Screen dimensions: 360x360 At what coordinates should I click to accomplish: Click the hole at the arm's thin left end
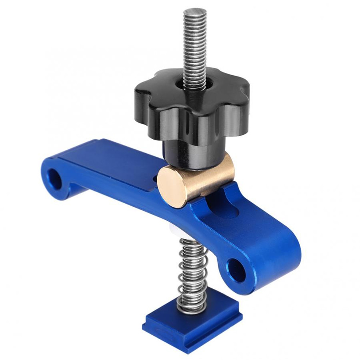(56, 177)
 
